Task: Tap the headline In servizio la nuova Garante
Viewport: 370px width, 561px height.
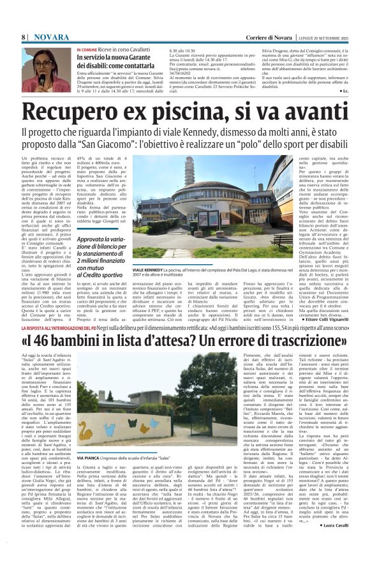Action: point(115,58)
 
